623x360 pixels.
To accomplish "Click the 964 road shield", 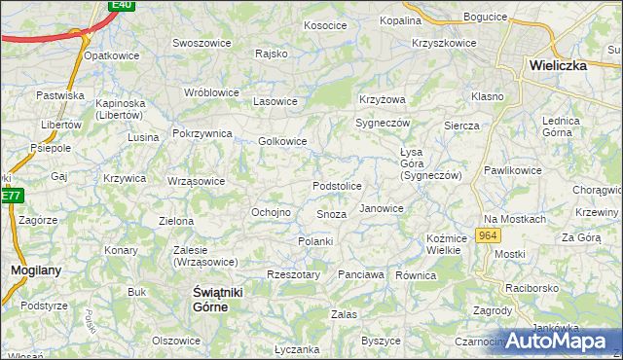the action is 488,236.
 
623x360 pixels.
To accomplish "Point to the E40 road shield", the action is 121,5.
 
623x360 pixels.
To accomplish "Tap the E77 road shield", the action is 11,196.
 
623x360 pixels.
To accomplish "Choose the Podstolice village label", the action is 337,186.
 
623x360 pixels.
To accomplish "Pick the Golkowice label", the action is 282,141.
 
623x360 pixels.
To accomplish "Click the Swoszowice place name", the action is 201,43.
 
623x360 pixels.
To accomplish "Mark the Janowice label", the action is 381,208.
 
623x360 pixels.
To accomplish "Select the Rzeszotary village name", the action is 293,274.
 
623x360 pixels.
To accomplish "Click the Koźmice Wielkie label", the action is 443,244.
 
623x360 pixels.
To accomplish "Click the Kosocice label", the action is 324,25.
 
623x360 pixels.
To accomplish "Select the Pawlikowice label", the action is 513,170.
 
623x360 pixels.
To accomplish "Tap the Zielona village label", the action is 176,221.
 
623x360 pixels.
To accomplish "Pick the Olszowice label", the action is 176,341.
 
